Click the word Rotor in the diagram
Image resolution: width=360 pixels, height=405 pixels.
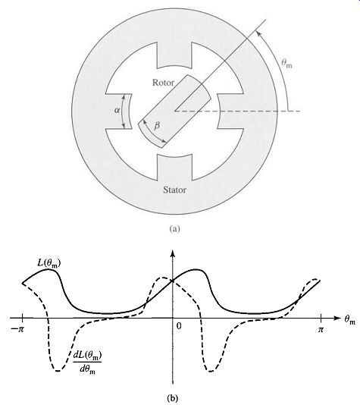(164, 83)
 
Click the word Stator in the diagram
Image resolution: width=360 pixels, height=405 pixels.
(174, 190)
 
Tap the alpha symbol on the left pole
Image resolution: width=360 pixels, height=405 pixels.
(117, 111)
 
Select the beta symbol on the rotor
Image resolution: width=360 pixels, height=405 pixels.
(157, 126)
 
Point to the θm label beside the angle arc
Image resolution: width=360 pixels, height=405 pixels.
(286, 63)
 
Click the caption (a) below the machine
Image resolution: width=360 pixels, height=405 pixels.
(174, 228)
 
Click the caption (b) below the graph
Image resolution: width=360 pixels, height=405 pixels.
(173, 398)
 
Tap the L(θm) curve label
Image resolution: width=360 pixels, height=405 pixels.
(49, 264)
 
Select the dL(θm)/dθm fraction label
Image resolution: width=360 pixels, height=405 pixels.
(87, 363)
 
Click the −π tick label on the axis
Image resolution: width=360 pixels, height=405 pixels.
(17, 330)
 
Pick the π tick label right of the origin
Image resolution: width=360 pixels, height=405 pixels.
(321, 329)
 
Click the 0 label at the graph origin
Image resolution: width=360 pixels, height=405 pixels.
(179, 326)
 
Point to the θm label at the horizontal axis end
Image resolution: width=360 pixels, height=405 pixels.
(349, 320)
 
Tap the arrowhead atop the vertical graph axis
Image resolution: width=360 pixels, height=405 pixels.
(173, 253)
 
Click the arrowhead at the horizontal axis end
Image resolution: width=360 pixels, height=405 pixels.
(337, 318)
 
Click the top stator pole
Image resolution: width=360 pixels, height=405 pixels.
(174, 55)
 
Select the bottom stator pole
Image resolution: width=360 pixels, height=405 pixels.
(174, 168)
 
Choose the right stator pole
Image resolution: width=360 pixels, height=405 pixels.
(230, 111)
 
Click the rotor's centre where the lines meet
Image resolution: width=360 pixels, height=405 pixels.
(175, 111)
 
